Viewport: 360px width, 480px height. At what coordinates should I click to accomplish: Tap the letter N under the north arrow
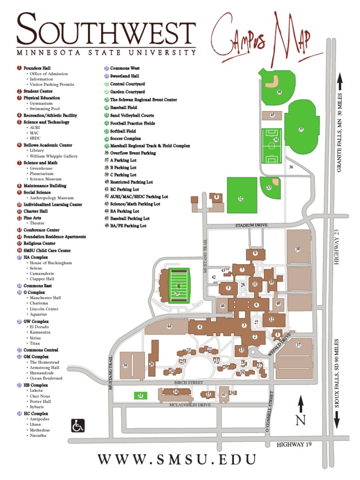coord(300,420)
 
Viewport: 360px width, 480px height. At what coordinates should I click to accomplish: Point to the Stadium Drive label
coord(252,225)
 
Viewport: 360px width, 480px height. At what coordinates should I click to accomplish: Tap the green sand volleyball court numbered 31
coord(140,396)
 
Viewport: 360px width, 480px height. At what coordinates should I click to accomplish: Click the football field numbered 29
coord(177,286)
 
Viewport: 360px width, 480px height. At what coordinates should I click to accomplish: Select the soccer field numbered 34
coord(271,145)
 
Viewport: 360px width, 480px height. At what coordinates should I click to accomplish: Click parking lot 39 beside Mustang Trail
coord(125,365)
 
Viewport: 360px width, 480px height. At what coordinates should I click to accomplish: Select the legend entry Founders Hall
coord(37,68)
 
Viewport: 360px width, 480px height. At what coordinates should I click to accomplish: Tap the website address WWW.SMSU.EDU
coord(177,459)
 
